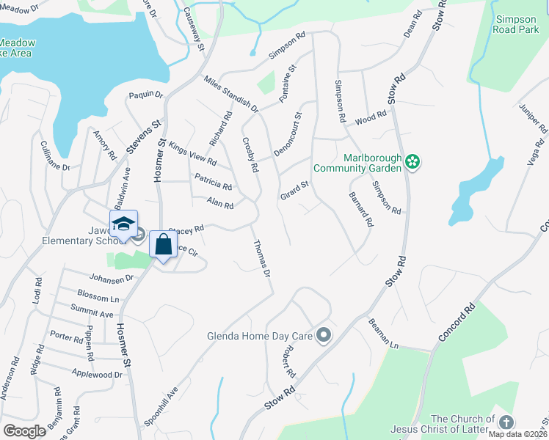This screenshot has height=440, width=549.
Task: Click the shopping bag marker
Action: point(163,243)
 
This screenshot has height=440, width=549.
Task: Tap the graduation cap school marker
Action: point(123,224)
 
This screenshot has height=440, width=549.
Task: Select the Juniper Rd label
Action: point(534,119)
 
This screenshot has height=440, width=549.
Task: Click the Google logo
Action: point(24,431)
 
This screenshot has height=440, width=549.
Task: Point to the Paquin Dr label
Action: point(145,94)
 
